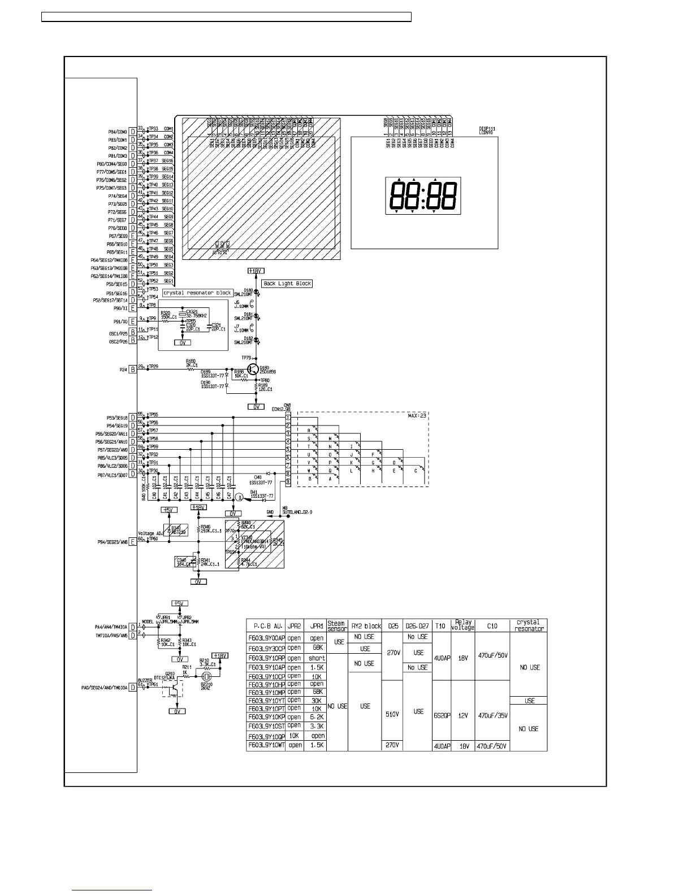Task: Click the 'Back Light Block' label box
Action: pos(287,283)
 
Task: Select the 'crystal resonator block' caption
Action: pos(197,293)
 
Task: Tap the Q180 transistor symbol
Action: pos(254,370)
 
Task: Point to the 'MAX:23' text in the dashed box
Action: pos(417,416)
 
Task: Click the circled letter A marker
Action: pos(239,497)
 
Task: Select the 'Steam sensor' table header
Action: pos(337,626)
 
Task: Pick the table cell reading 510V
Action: pos(392,714)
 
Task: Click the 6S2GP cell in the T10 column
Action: pos(442,715)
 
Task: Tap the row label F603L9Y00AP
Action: pos(266,637)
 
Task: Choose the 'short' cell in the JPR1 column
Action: pos(317,658)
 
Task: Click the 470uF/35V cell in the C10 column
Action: pos(492,715)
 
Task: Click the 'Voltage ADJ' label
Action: pos(150,533)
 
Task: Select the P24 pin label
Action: pos(123,370)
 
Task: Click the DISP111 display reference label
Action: pos(487,129)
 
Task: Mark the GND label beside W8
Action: pos(270,512)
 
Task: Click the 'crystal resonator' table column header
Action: pos(528,625)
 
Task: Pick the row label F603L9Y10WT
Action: pos(266,746)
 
